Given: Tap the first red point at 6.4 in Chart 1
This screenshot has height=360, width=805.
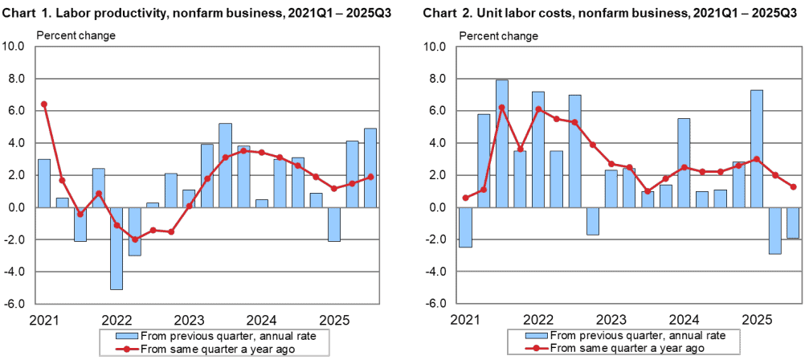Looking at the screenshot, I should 44,104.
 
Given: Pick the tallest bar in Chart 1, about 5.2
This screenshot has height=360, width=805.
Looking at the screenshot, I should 226,165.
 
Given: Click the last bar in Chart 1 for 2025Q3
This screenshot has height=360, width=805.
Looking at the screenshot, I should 370,167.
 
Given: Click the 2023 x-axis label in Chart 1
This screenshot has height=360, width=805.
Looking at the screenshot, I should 189,317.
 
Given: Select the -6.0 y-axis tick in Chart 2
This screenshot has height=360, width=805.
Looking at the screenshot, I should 435,304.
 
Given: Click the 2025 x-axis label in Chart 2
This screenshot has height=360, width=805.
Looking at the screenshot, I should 755,317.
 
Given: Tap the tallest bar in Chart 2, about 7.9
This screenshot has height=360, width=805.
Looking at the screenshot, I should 502,143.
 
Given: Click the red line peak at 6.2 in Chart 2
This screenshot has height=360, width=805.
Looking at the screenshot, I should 502,108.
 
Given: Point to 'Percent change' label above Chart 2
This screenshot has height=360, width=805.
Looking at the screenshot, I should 499,35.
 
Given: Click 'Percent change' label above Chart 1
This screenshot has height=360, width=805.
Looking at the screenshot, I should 76,35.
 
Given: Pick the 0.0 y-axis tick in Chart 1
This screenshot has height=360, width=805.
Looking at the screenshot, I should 19,207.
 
